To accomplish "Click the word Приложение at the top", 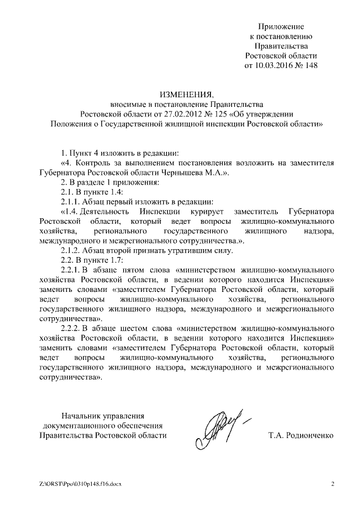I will tap(281, 26).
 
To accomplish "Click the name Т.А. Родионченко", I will tap(301, 436).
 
